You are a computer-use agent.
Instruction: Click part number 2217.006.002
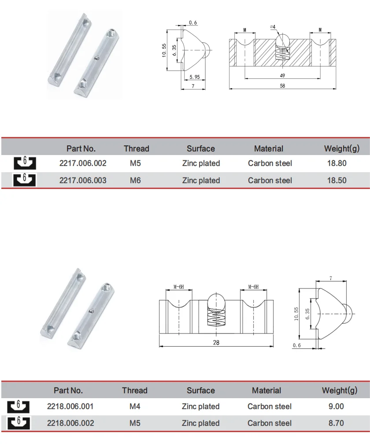click(x=83, y=163)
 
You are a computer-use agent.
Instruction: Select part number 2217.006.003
click(x=83, y=180)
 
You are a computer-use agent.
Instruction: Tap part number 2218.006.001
click(x=70, y=407)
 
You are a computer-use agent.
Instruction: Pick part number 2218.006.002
click(x=70, y=423)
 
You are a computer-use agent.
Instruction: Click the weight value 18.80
click(x=337, y=163)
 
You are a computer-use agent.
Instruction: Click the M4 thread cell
click(x=135, y=407)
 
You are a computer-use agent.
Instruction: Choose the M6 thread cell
click(x=135, y=180)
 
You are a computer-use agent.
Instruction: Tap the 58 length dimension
click(x=282, y=86)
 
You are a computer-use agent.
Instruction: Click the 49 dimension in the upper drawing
click(x=282, y=76)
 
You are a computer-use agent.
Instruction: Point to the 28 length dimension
click(x=215, y=342)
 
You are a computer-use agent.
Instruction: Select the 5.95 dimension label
click(x=194, y=77)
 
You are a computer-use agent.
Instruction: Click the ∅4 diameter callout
click(x=273, y=27)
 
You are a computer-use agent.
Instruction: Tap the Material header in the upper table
click(x=269, y=149)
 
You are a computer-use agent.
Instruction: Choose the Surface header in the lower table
click(x=201, y=390)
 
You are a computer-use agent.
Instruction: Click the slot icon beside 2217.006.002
click(x=25, y=163)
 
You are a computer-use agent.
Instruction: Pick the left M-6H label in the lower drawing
click(x=178, y=287)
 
